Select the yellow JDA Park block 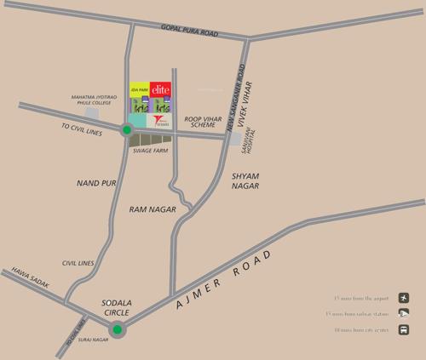[139, 89]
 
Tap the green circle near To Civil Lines [127, 130]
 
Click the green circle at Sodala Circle [118, 330]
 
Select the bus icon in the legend [403, 330]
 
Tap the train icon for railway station [403, 313]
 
